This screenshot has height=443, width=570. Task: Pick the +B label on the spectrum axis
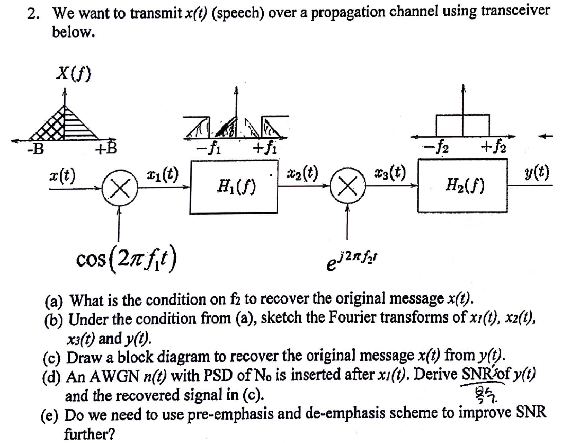click(x=106, y=150)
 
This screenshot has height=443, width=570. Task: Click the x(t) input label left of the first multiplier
click(x=61, y=173)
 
